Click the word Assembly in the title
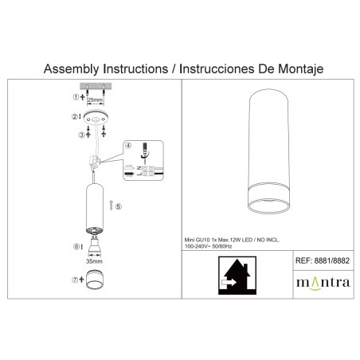tap(71, 69)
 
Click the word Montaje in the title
tap(300, 69)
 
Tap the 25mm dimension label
tap(95, 100)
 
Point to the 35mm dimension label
tap(94, 261)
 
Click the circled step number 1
tap(76, 97)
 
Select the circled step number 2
tap(75, 116)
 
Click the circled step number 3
tap(81, 135)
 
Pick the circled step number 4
tap(128, 146)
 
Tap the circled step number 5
tap(119, 206)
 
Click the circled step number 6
tap(76, 247)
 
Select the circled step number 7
tap(75, 280)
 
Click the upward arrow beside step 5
tap(111, 205)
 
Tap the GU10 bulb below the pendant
tap(94, 245)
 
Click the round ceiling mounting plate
tap(96, 117)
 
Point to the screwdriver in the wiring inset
tap(145, 150)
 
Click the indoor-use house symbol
tap(237, 276)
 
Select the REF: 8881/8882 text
tap(323, 260)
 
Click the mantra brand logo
tap(323, 283)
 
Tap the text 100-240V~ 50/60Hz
tap(209, 246)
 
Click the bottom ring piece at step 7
tap(95, 279)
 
